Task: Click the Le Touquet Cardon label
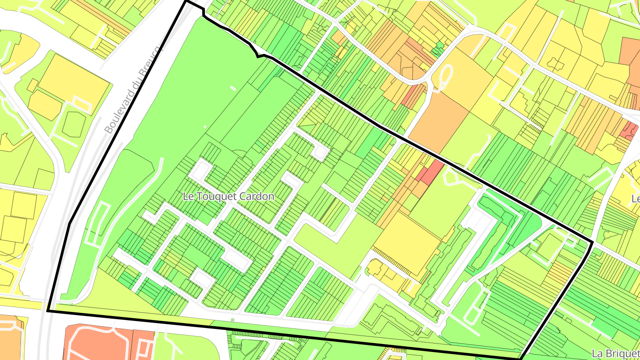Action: [x=229, y=196]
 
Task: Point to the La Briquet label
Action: [x=616, y=353]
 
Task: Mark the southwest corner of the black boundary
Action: [x=48, y=311]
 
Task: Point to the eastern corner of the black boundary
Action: [x=592, y=242]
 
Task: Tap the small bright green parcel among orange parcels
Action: [x=440, y=46]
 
